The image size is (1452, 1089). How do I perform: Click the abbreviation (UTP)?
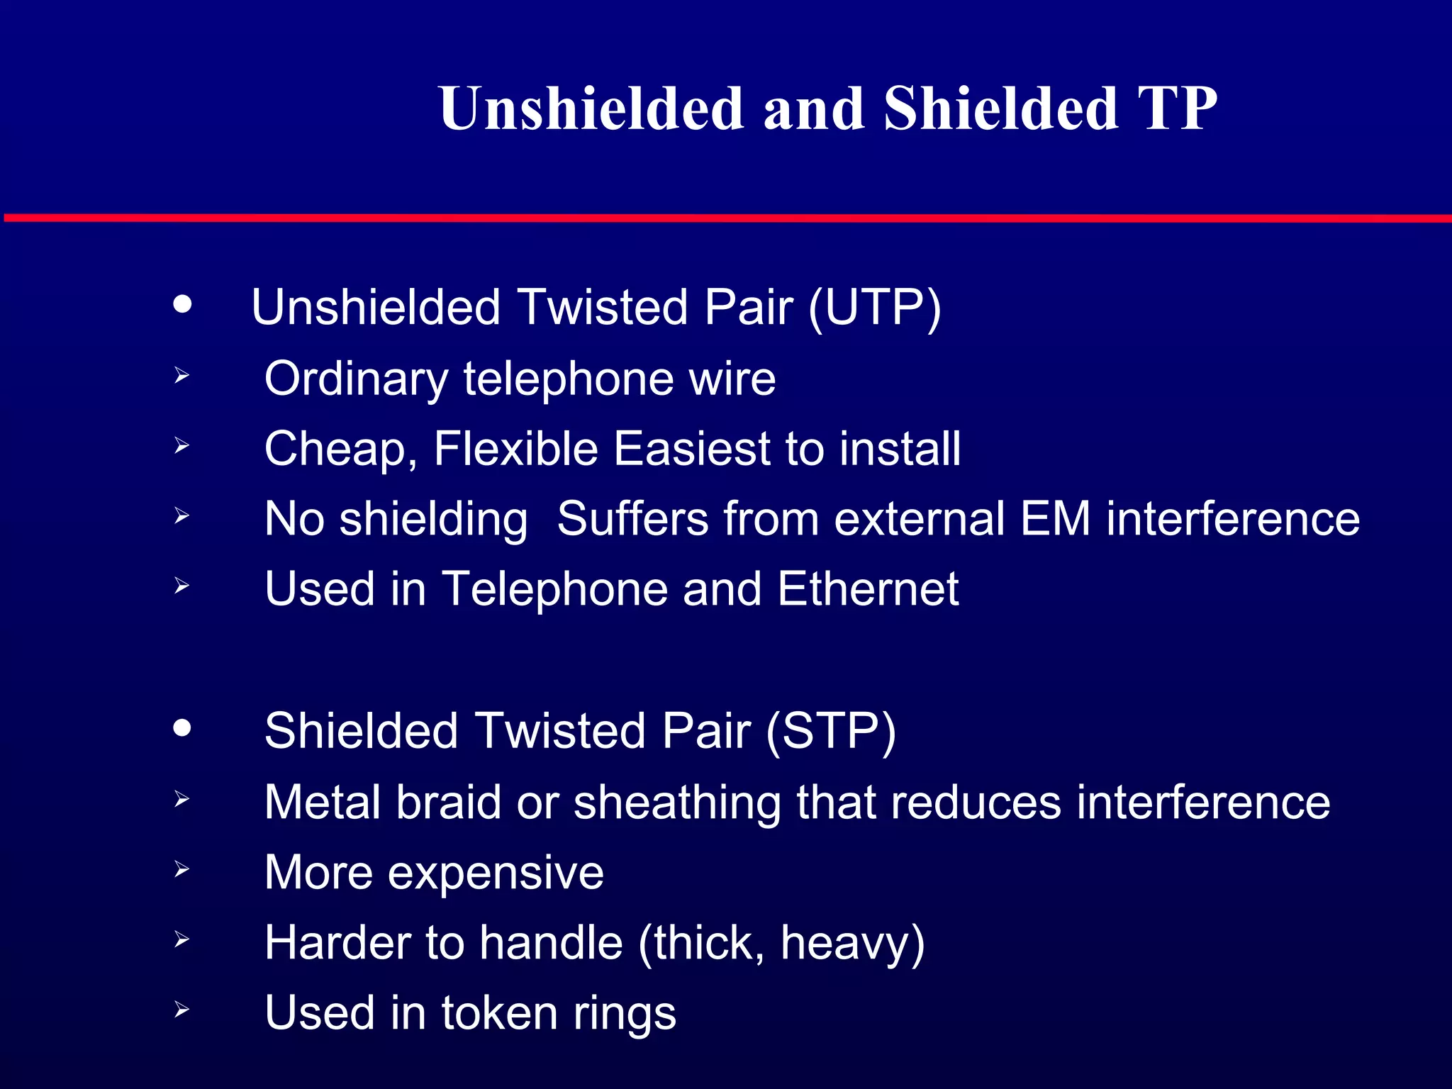coord(874,308)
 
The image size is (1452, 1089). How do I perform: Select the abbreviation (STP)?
coord(831,732)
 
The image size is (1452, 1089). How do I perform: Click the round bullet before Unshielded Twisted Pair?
coord(182,304)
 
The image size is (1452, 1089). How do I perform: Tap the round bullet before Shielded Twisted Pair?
coord(182,728)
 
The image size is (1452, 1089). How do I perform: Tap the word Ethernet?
coord(868,589)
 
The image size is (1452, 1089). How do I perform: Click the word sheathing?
coord(676,803)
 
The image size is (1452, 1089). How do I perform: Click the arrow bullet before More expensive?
coord(181,869)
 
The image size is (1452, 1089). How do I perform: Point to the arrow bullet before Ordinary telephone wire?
coord(181,375)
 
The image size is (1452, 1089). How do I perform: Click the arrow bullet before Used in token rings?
coord(181,1010)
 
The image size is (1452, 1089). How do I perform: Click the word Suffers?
coord(632,519)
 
